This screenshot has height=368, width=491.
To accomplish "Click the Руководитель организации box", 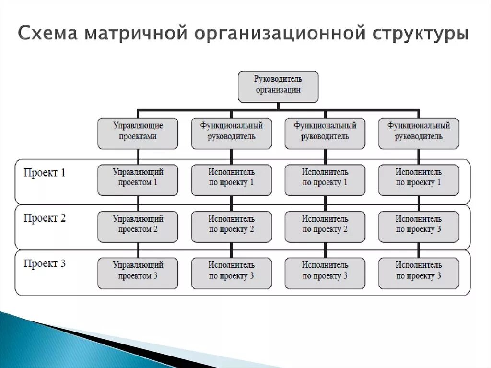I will tap(278, 86).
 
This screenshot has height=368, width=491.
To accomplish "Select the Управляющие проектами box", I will tap(138, 133).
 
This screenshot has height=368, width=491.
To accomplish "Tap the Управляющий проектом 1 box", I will tap(138, 179).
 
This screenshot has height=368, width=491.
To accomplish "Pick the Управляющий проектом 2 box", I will tap(138, 226).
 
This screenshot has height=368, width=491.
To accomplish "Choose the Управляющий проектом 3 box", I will tap(138, 273).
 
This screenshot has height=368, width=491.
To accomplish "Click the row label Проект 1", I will tap(45, 173).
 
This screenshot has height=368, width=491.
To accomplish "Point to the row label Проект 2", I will tap(45, 218).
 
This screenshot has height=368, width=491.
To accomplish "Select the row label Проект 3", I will tap(45, 264).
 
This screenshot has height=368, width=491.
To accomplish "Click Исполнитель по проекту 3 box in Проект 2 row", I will tap(419, 226).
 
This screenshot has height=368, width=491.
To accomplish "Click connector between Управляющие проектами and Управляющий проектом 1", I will tap(138, 156).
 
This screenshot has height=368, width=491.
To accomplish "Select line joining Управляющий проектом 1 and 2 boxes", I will tap(138, 203).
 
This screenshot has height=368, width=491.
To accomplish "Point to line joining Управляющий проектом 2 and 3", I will tap(138, 250).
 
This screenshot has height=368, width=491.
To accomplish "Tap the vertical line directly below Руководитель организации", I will tap(278, 106).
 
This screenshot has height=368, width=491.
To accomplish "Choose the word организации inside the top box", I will tap(278, 90).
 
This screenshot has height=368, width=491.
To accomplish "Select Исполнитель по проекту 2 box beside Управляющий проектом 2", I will tap(231, 226).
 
